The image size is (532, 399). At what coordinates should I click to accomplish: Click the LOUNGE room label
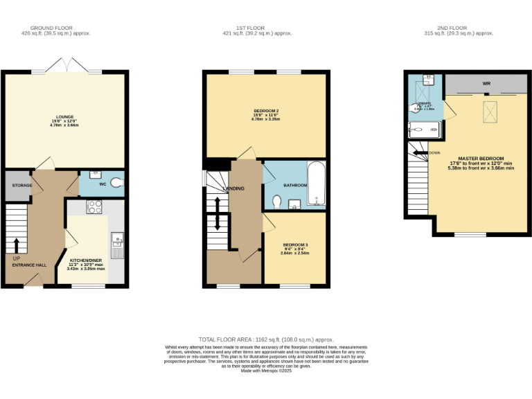pos(64,116)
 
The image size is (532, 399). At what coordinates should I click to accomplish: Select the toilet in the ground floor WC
pos(115,183)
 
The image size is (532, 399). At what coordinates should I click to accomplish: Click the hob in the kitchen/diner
pos(94,206)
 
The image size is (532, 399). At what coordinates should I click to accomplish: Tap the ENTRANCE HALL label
pos(28,265)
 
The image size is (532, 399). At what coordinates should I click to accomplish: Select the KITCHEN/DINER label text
pos(86,260)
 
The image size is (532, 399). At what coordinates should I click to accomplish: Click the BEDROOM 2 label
pos(266,112)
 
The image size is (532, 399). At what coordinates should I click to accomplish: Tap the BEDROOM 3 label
pos(294,245)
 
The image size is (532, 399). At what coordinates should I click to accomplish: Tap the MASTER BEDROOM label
pos(481,158)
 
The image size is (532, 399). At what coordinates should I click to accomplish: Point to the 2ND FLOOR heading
pos(459,28)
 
